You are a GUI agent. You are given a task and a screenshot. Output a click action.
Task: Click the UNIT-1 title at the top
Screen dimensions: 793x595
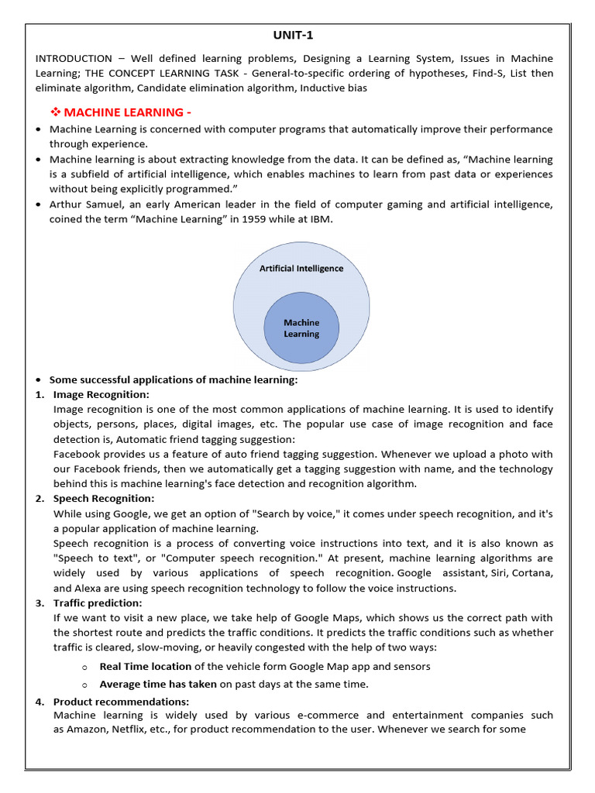tap(294, 35)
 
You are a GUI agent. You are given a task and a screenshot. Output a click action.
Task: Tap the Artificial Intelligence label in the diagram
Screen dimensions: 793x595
tap(301, 269)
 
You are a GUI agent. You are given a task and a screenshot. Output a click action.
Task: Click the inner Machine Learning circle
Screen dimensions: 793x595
tap(301, 328)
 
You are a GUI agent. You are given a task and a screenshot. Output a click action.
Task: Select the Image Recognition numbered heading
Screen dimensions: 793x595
tap(101, 394)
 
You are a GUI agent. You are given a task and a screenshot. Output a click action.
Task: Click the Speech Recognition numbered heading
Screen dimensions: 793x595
tap(103, 498)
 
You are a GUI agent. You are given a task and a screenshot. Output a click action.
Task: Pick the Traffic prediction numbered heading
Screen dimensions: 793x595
tap(98, 602)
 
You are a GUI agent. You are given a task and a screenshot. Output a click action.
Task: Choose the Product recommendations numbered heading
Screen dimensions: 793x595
tap(121, 701)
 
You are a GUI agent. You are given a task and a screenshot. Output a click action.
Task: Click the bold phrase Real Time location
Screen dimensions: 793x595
tap(146, 666)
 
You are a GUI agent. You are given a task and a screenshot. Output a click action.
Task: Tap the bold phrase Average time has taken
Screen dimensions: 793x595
tap(159, 684)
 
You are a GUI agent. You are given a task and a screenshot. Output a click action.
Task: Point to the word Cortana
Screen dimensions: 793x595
tap(532, 573)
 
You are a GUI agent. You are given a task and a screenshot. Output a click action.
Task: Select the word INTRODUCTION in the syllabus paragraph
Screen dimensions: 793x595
tap(74, 59)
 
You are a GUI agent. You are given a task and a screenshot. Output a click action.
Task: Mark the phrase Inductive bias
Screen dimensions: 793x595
tap(335, 88)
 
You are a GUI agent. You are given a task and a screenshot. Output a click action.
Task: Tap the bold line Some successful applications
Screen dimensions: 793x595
tap(174, 379)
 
